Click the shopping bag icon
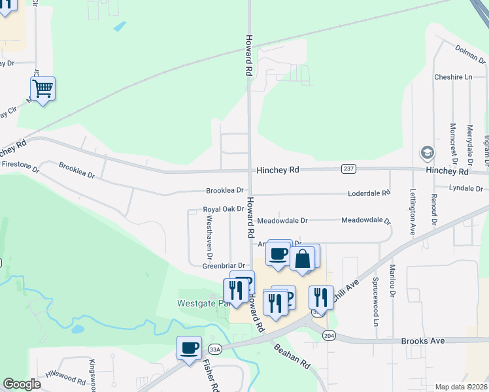pos(303,259)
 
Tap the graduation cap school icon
pos(427,153)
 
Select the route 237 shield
pos(348,169)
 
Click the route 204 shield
pos(329,335)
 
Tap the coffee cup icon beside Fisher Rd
pos(190,347)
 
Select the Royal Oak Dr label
pos(223,210)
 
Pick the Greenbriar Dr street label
pos(223,266)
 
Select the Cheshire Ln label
pos(453,77)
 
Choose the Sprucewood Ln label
pos(376,301)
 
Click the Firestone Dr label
pos(20,164)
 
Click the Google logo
pos(22,384)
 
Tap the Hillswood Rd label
pos(65,377)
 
